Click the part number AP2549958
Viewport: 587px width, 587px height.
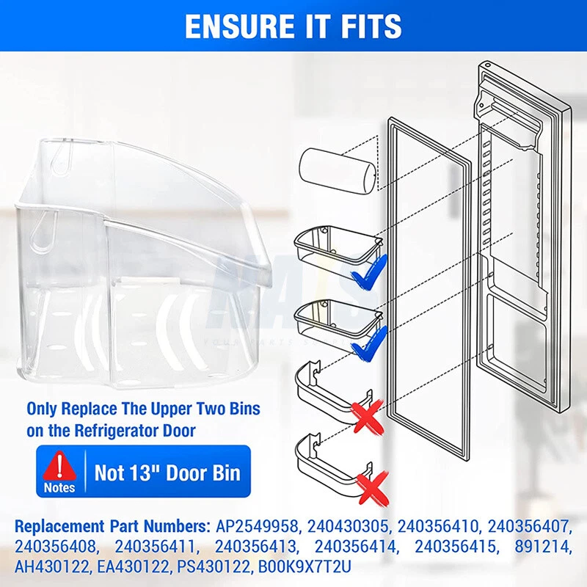pyautogui.click(x=256, y=526)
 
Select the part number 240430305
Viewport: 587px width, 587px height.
pyautogui.click(x=348, y=526)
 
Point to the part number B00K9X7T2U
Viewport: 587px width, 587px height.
pyautogui.click(x=305, y=566)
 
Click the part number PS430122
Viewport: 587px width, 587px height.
pyautogui.click(x=213, y=566)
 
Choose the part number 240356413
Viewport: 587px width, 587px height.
pyautogui.click(x=255, y=547)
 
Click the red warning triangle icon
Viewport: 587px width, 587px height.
pyautogui.click(x=59, y=465)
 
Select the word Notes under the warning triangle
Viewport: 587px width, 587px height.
pyautogui.click(x=59, y=488)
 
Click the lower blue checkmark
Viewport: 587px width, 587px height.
pyautogui.click(x=368, y=343)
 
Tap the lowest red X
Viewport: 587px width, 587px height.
pyautogui.click(x=372, y=488)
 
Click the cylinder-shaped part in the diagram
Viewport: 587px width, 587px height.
pyautogui.click(x=337, y=170)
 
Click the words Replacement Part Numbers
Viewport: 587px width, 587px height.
pyautogui.click(x=112, y=526)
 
